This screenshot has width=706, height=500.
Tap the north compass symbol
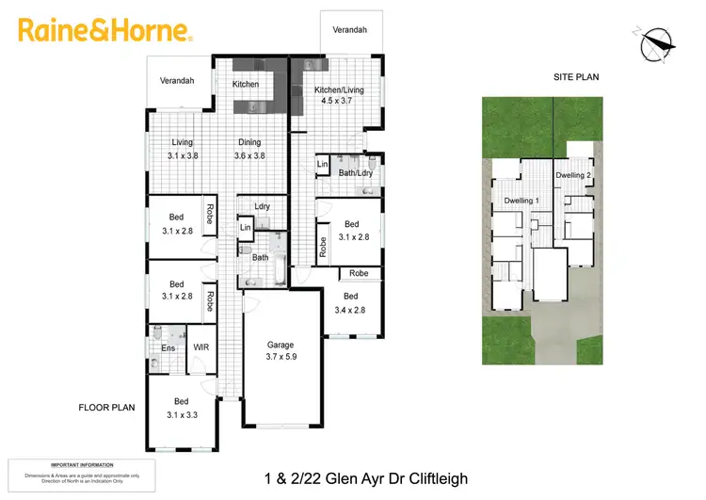[657, 42]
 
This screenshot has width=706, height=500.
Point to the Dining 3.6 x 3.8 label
[249, 149]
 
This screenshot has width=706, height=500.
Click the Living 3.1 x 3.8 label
[183, 149]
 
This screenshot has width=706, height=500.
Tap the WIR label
[201, 347]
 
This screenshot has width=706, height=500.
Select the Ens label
[168, 348]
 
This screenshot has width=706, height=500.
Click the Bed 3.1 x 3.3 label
[181, 408]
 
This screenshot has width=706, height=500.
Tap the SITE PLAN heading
[576, 77]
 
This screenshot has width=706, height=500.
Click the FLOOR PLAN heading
[107, 408]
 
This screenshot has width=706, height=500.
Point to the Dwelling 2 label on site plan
[573, 176]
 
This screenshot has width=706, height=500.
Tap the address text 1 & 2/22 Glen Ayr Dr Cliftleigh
[367, 478]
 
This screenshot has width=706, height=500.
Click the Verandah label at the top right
[350, 30]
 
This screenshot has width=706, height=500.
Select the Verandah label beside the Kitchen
[177, 81]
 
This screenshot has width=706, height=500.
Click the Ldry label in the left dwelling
[262, 206]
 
